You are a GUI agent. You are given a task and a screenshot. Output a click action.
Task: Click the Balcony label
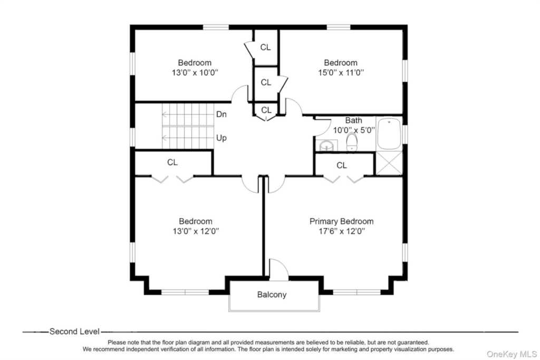tap(272, 295)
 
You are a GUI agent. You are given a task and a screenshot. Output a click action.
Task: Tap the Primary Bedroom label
tap(341, 221)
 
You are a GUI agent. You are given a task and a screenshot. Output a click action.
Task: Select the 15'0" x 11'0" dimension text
tap(341, 73)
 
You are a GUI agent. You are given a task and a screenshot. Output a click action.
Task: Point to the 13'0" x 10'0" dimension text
tap(195, 73)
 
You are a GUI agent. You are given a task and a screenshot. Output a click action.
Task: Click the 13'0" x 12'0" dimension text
tap(196, 231)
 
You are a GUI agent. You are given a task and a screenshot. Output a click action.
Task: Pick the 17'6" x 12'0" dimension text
tap(341, 231)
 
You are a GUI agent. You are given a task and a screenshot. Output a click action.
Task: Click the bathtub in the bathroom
tap(389, 133)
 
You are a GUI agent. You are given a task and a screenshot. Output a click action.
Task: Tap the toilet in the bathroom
tap(352, 142)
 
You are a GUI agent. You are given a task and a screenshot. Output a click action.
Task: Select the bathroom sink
tap(326, 146)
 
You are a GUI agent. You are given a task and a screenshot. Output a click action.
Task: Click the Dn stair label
tap(221, 114)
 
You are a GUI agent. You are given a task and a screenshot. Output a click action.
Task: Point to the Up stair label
tap(221, 138)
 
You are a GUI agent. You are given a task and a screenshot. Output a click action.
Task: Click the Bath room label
tap(354, 121)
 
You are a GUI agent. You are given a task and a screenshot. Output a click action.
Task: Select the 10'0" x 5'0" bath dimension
tap(354, 130)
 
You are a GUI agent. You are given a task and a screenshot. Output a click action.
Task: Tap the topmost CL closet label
tap(266, 47)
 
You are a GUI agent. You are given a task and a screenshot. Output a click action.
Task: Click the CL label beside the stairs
tap(172, 162)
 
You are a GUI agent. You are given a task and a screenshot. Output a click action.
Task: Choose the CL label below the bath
tap(342, 166)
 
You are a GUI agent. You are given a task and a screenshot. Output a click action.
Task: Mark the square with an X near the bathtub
tap(389, 163)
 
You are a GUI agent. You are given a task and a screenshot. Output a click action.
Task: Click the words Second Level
tap(74, 332)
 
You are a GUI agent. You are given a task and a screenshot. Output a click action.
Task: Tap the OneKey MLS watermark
tap(512, 354)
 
